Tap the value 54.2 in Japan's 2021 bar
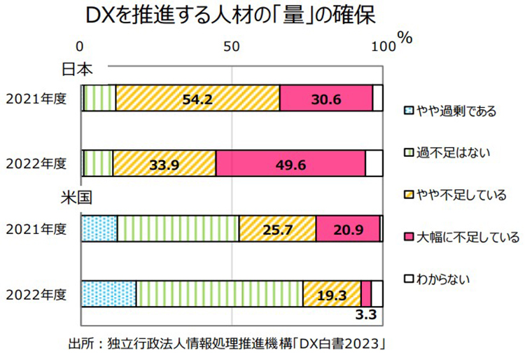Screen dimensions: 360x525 point(197,98)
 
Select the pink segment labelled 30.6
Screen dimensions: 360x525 point(325,98)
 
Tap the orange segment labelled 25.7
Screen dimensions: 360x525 point(277,229)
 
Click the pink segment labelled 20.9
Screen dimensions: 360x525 point(348,229)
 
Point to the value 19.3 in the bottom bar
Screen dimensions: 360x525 point(332,295)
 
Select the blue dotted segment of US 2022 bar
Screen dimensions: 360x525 point(108,293)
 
